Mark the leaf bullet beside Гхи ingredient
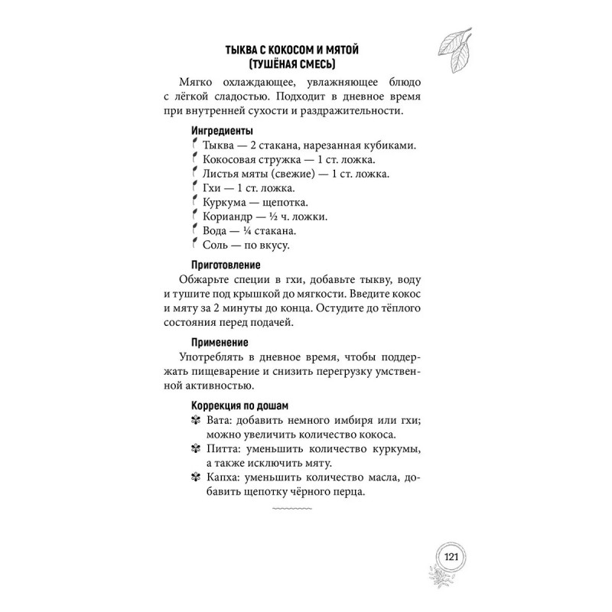(196, 187)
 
